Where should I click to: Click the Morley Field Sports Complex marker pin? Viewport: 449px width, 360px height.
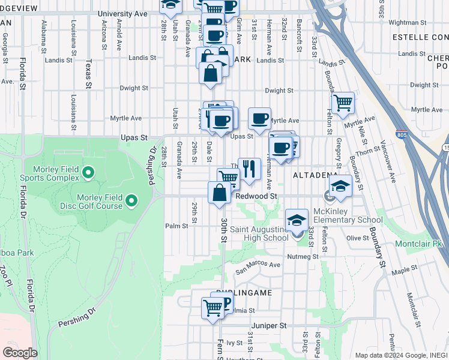[88, 173]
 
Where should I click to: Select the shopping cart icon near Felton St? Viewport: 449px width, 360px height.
[343, 102]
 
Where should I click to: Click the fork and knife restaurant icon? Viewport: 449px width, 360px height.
[249, 168]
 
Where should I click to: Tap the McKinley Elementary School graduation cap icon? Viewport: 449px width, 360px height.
[340, 186]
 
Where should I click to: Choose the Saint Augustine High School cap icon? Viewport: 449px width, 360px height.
[297, 220]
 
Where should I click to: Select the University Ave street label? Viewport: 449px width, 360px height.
[122, 13]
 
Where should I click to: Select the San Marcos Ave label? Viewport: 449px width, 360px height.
[258, 265]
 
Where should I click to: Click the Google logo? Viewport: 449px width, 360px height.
[20, 352]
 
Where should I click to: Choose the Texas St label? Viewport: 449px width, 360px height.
[88, 73]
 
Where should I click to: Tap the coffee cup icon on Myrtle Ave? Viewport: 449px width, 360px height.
[259, 118]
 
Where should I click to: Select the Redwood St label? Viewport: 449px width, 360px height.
[256, 196]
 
